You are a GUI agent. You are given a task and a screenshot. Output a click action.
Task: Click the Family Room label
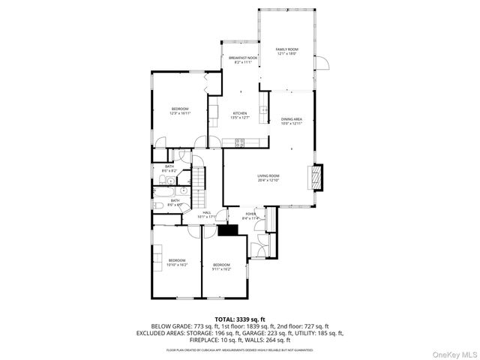pyautogui.click(x=286, y=51)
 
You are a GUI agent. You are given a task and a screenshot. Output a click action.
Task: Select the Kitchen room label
pyautogui.click(x=239, y=115)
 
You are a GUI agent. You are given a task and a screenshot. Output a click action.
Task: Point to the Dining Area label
pyautogui.click(x=291, y=121)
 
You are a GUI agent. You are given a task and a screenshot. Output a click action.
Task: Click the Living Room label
pyautogui.click(x=268, y=178)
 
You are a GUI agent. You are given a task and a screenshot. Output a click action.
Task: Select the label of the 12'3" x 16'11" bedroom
pyautogui.click(x=180, y=111)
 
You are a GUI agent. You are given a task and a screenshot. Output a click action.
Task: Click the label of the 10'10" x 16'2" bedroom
pyautogui.click(x=177, y=262)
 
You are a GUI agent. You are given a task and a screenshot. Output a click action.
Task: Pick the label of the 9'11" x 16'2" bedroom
pyautogui.click(x=221, y=266)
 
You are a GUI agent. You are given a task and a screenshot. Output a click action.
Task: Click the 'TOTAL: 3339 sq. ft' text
pyautogui.click(x=240, y=319)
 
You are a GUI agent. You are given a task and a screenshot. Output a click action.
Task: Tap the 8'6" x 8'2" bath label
pyautogui.click(x=169, y=169)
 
